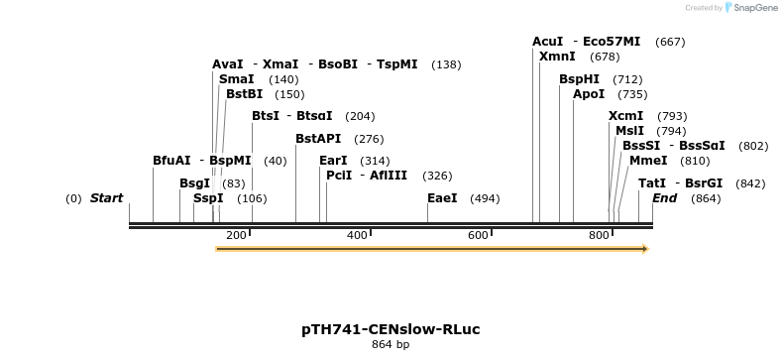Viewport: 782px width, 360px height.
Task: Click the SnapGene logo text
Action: [x=750, y=8]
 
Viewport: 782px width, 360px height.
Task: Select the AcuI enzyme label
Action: [x=547, y=42]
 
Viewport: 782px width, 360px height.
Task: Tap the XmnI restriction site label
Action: [x=557, y=57]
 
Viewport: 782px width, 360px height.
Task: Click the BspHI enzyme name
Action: [x=579, y=79]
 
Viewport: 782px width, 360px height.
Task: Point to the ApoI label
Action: [x=589, y=94]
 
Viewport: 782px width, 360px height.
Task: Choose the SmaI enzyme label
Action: [x=236, y=79]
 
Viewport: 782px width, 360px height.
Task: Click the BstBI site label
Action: [x=244, y=94]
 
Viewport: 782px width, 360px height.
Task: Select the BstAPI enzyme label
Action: [x=318, y=139]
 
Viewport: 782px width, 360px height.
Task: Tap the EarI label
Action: [x=333, y=161]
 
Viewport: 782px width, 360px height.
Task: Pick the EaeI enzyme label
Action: [x=442, y=198]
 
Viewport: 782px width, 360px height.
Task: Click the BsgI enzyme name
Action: [x=195, y=183]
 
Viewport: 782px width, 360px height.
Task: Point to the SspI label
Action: [x=208, y=198]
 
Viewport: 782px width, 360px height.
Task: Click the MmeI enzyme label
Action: [x=648, y=161]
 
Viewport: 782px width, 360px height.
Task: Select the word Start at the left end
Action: [x=106, y=198]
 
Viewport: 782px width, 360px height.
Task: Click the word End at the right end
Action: [x=664, y=198]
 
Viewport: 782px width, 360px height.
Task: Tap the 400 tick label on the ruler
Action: [x=357, y=235]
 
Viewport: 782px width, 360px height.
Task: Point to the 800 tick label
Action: [x=599, y=235]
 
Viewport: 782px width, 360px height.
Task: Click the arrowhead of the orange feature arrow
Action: [x=644, y=249]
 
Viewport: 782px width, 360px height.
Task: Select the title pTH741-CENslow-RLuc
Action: [x=391, y=328]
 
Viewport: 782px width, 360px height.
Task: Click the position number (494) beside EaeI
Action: [x=485, y=198]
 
